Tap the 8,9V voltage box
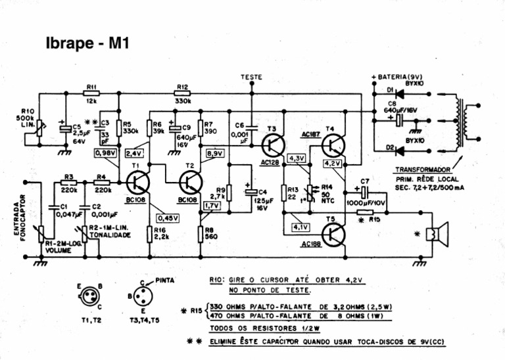point(215,153)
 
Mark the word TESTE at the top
point(252,77)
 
